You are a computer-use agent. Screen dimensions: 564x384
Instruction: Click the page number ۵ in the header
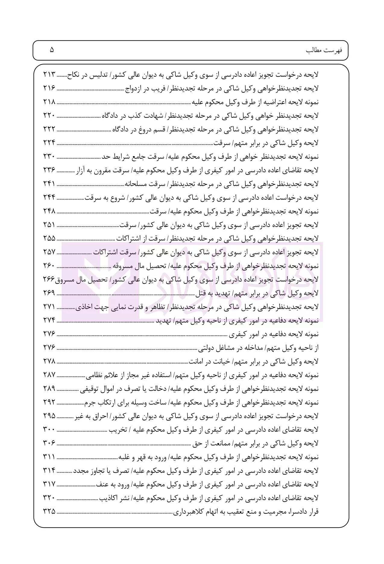coord(52,50)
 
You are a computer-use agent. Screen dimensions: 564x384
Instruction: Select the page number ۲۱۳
coord(50,74)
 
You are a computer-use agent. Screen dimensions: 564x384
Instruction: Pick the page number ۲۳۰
coord(50,157)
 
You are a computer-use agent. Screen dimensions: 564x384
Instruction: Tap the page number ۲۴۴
coord(50,198)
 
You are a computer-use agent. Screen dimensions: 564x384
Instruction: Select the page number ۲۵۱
coord(50,225)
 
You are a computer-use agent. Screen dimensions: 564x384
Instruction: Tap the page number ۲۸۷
coord(50,375)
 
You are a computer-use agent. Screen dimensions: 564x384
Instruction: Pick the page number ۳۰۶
coord(50,443)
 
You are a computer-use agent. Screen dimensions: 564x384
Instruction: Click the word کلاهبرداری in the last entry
coord(187,512)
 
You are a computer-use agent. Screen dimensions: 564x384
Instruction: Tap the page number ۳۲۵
coord(50,512)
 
